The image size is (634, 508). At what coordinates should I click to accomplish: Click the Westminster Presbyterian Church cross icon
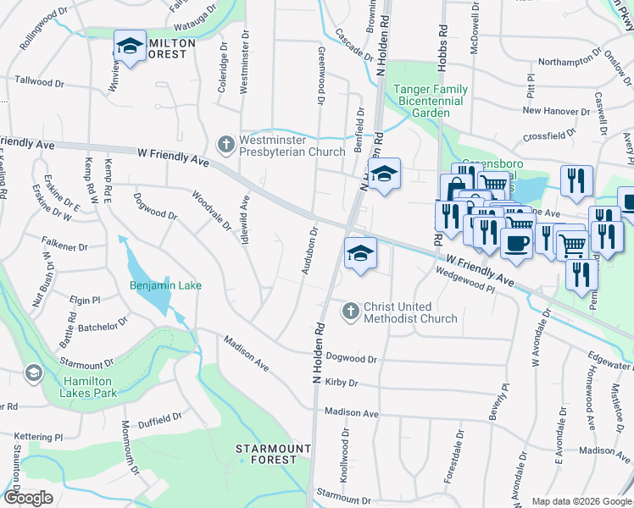coord(225,145)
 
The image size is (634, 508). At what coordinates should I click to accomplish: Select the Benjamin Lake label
coord(165,285)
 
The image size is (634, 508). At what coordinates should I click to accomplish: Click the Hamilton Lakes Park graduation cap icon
coord(33,373)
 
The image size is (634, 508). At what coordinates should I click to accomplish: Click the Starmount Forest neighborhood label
coord(267,454)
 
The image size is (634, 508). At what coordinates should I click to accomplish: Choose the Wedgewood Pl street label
coord(465,280)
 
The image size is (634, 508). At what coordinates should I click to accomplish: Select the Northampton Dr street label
coord(575,62)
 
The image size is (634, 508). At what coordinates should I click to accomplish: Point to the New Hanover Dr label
coord(556,111)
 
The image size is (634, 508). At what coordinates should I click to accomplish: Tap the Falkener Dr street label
coord(64,246)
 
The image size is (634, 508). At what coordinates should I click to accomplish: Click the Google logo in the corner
coord(28,498)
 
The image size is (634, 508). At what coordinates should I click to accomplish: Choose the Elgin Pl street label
coord(85,300)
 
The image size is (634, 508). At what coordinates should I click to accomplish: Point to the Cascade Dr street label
coord(353,44)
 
